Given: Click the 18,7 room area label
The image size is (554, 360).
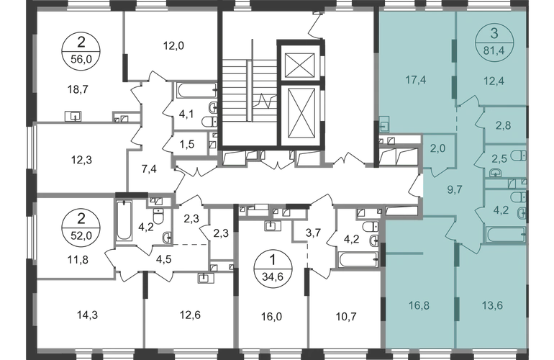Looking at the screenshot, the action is coord(78,90).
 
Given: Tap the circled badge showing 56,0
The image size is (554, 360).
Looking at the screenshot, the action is coord(81,51).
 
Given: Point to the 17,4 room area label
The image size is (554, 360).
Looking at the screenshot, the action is coord(416,80).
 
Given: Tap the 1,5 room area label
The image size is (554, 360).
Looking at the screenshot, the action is coord(187,144).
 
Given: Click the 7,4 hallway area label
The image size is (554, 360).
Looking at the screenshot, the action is coord(149,169).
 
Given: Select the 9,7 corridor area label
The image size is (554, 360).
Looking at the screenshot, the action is coord(455,190).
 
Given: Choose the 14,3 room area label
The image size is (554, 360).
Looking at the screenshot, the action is coord(87,315).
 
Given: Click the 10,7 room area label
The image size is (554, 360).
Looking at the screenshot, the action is coord(345,316).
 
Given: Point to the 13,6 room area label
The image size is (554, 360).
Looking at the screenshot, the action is coord(492,305).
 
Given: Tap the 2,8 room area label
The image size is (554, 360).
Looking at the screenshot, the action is coord(503,125).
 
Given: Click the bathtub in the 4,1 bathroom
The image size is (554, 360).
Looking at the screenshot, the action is coord(197,90).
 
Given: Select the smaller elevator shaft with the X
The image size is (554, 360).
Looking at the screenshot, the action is coord(299,65).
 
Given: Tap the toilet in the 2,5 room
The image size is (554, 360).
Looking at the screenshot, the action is coord(519,155).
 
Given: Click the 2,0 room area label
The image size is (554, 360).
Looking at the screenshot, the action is coord(437,148).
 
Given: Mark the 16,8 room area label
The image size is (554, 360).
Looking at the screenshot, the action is coord(419,305).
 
